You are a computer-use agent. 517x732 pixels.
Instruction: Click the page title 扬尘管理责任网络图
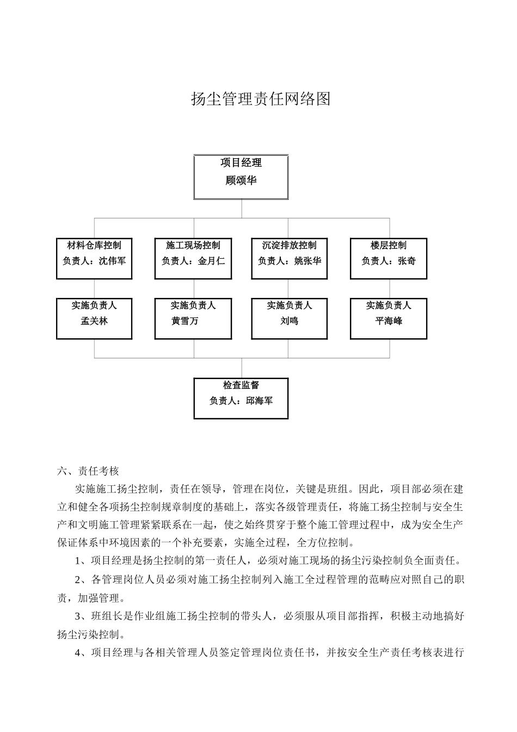click(261, 99)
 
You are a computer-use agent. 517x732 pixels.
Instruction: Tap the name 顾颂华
click(241, 181)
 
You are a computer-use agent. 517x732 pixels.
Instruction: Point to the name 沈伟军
click(112, 261)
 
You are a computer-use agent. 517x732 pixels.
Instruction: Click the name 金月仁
click(211, 261)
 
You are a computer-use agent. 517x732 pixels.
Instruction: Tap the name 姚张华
click(307, 261)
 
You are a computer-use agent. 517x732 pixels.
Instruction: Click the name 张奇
click(407, 261)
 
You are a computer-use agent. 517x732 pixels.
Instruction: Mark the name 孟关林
click(94, 321)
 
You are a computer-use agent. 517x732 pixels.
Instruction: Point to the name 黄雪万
click(184, 321)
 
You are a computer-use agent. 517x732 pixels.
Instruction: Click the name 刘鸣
click(289, 321)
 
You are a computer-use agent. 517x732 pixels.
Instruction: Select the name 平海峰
click(388, 321)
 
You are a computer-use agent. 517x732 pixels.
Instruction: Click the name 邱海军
click(259, 401)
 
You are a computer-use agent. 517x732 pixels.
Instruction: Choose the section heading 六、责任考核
click(88, 471)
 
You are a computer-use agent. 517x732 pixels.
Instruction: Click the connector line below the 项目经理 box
click(242, 209)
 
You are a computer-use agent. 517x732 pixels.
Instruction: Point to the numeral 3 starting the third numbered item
click(77, 617)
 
